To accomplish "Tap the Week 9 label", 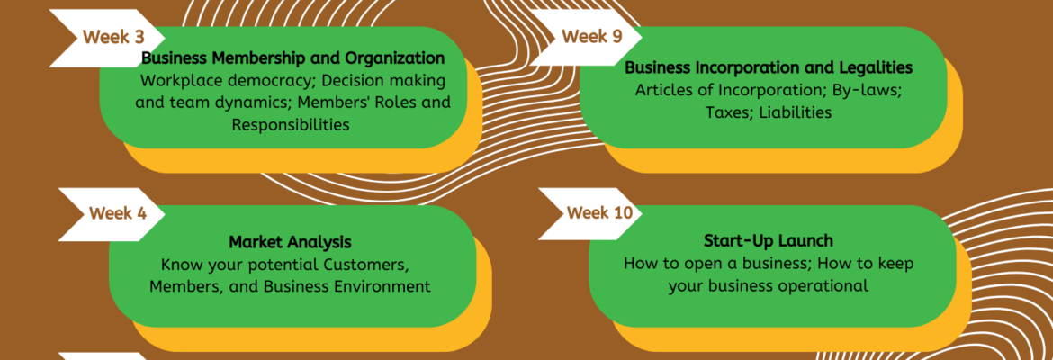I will pyautogui.click(x=591, y=37).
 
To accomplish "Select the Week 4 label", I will pyautogui.click(x=117, y=214).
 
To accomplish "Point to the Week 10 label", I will pyautogui.click(x=599, y=213).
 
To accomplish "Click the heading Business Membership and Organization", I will pyautogui.click(x=292, y=58).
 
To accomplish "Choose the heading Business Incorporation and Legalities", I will pyautogui.click(x=769, y=67).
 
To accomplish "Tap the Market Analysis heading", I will pyautogui.click(x=290, y=242).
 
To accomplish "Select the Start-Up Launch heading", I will pyautogui.click(x=768, y=241).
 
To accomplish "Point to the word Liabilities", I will pyautogui.click(x=797, y=112).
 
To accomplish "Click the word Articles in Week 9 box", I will pyautogui.click(x=665, y=90).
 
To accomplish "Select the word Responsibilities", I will pyautogui.click(x=290, y=125).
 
